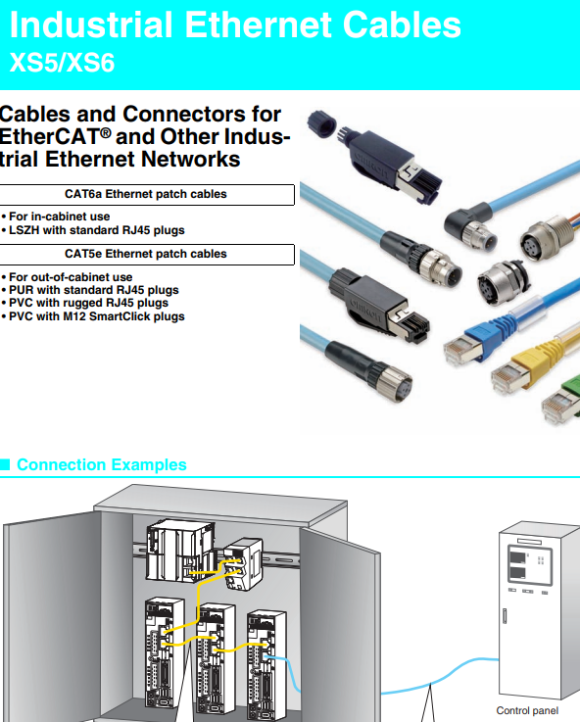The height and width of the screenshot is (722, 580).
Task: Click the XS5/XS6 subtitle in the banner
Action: [62, 62]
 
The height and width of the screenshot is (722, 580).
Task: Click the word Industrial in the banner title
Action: [91, 24]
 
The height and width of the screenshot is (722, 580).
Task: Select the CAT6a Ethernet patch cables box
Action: [147, 195]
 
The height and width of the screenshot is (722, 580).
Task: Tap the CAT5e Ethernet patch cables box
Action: [147, 255]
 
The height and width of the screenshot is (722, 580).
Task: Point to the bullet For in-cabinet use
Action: [56, 217]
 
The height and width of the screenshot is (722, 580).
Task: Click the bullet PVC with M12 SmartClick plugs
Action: [93, 316]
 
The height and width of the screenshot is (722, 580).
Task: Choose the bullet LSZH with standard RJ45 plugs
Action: [93, 230]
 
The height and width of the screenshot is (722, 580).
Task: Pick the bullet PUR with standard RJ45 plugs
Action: [90, 290]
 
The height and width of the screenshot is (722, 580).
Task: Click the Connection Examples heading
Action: [102, 464]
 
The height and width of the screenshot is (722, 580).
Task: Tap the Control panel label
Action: [527, 711]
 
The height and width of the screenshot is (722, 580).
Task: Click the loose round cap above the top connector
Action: [321, 122]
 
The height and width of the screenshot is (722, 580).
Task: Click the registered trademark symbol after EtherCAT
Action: [106, 132]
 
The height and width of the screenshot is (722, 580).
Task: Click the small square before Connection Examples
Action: [5, 464]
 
